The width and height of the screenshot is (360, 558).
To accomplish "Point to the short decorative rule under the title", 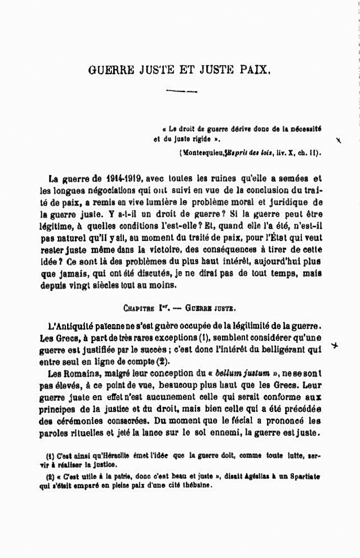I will pyautogui.click(x=183, y=90).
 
